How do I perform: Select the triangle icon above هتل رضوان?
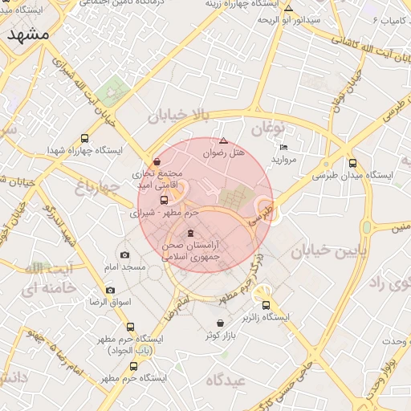[x=223, y=140]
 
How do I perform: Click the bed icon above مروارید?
[x=283, y=148]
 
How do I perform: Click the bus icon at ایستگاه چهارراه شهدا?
[x=86, y=137]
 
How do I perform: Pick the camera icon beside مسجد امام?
[x=124, y=254]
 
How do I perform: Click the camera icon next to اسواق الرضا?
[x=110, y=290]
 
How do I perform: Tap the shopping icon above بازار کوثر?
[x=220, y=322]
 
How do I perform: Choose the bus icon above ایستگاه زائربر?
[x=266, y=304]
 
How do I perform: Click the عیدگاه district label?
[x=225, y=379]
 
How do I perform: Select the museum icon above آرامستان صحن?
[x=190, y=233]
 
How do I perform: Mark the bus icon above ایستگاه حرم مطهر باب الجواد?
[x=131, y=327]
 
